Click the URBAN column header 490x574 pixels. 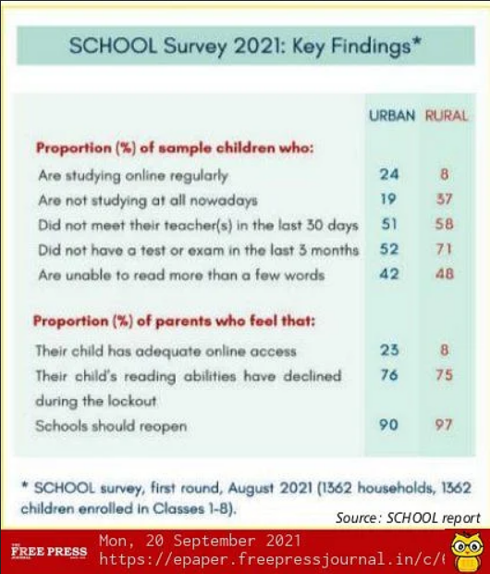[x=392, y=116]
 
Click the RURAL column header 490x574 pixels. [x=447, y=116]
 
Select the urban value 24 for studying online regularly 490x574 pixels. [x=389, y=174]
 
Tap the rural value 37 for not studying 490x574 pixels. [x=445, y=199]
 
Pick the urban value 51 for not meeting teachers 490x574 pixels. [x=389, y=224]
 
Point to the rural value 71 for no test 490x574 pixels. [x=444, y=249]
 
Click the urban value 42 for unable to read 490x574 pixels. [x=389, y=274]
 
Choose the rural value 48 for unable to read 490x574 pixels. [x=445, y=274]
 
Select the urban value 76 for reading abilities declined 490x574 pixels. [x=389, y=375]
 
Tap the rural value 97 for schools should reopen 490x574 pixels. [x=444, y=425]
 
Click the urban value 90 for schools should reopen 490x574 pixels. [x=388, y=425]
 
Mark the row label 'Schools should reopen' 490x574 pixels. [x=111, y=426]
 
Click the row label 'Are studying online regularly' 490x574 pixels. [x=133, y=176]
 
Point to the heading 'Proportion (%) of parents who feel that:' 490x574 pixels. [x=174, y=321]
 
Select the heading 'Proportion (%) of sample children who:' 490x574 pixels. [x=175, y=148]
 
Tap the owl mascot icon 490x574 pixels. [x=467, y=550]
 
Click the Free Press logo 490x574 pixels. [x=49, y=551]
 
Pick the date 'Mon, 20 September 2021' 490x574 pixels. [x=200, y=541]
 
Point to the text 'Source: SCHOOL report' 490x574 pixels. [x=408, y=518]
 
